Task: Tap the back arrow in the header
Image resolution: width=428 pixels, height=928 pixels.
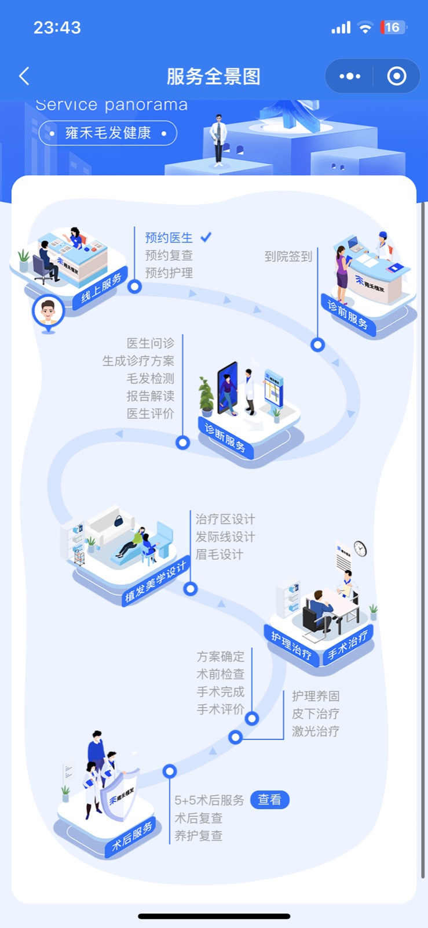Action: [24, 76]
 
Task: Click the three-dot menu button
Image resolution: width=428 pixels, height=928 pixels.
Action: [350, 76]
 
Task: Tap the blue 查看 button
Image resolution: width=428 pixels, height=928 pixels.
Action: [269, 800]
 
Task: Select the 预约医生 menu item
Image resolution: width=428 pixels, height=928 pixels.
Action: [169, 238]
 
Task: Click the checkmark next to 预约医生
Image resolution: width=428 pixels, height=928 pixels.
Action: [206, 237]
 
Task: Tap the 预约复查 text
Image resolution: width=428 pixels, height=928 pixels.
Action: [169, 255]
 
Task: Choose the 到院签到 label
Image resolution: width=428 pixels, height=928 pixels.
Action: [288, 256]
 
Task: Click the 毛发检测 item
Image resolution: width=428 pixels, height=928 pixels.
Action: [151, 379]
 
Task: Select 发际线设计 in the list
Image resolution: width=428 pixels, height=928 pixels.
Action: [225, 537]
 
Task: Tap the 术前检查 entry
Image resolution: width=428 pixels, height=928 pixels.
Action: [221, 675]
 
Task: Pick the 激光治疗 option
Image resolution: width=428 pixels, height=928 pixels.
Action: [316, 731]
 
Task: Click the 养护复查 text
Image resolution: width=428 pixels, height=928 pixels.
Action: [199, 836]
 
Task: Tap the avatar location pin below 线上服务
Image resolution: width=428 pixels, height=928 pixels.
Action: [48, 314]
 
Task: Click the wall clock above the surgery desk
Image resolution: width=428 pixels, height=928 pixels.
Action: [360, 548]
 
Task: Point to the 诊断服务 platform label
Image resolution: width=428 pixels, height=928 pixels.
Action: [226, 437]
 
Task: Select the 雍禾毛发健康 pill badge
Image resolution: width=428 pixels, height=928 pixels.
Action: [108, 133]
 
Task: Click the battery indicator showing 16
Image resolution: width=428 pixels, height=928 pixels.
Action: [393, 27]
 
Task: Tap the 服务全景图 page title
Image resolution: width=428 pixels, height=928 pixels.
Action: [214, 76]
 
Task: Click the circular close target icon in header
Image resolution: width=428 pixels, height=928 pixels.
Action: [397, 76]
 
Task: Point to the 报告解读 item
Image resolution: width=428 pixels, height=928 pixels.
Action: [151, 396]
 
